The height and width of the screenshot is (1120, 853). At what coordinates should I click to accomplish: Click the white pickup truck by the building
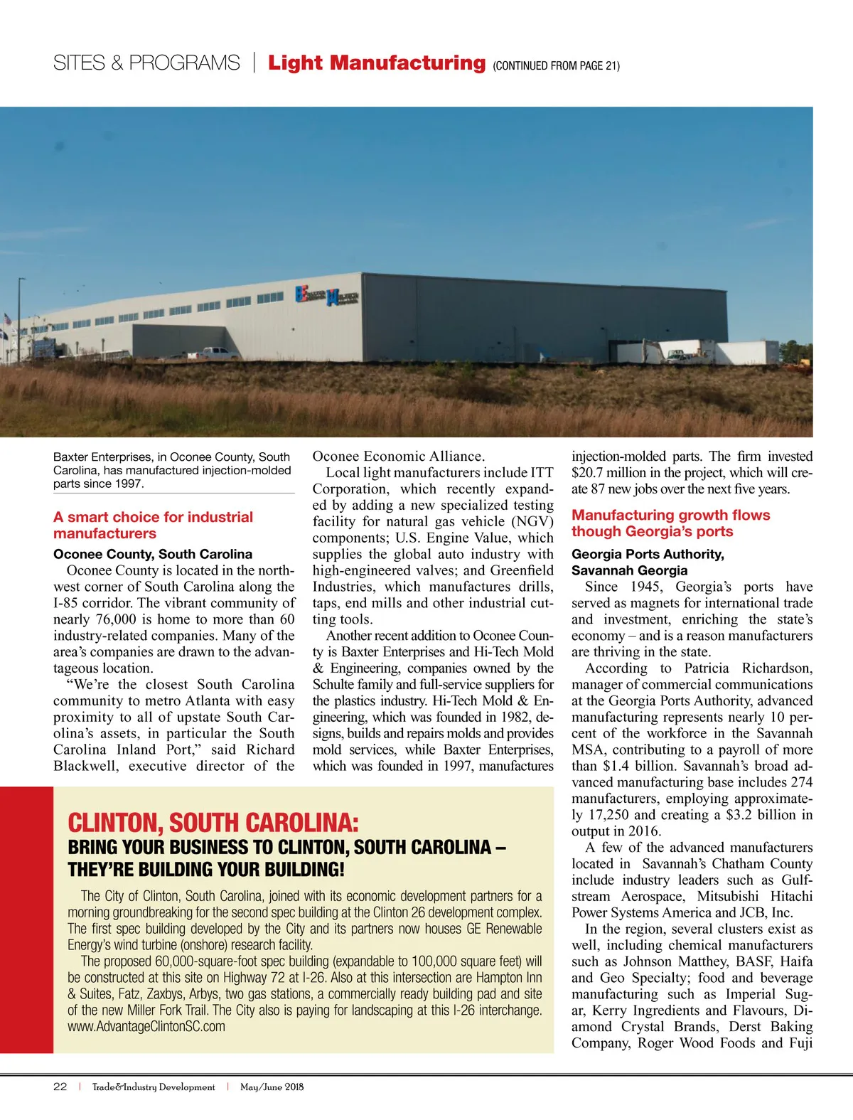click(219, 352)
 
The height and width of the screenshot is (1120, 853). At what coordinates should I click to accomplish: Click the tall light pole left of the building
click(21, 320)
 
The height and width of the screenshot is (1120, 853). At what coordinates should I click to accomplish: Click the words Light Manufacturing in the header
click(376, 63)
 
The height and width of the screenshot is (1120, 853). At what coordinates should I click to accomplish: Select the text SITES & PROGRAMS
click(146, 63)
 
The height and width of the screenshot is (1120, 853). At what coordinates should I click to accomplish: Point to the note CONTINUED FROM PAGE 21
click(556, 66)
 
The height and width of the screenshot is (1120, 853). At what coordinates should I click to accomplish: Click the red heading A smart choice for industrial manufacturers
click(153, 525)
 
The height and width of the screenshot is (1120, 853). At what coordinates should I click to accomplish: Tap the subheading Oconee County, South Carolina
click(153, 554)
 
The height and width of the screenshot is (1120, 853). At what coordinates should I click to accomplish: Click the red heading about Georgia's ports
click(670, 523)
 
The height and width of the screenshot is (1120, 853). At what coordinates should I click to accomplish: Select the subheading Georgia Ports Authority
click(648, 554)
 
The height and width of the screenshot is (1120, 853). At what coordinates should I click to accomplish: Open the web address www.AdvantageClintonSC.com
click(146, 1026)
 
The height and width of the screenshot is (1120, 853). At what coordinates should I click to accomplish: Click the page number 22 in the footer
click(60, 1087)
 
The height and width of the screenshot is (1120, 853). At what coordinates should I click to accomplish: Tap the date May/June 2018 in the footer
click(272, 1087)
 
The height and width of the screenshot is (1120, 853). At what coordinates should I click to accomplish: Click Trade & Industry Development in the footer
click(154, 1087)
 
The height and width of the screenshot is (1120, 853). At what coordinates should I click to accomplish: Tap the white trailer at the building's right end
click(746, 352)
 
